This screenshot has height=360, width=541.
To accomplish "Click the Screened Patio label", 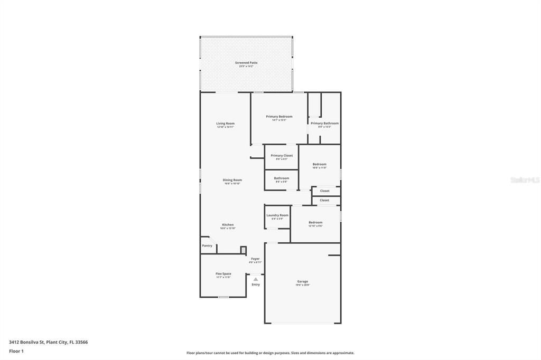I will pos(246,63).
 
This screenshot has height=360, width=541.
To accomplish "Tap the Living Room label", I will pos(225,124).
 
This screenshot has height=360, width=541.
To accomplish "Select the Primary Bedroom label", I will pos(279,117).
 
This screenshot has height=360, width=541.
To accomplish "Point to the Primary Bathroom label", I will pos(324,124).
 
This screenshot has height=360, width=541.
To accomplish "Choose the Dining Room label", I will pos(232,180).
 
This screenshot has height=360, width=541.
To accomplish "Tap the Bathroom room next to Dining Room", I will pos(281,179).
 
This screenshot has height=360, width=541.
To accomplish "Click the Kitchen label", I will pos(228,225).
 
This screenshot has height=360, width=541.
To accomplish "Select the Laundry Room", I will pos(277,216).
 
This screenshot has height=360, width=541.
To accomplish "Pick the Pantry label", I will pos(207,245).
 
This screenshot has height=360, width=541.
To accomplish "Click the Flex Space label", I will pos(223,274).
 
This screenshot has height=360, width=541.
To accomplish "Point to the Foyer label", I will pos(255,259).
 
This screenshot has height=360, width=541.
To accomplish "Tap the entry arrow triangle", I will pos(256,279).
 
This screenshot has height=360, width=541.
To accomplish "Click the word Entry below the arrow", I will pos(256,285).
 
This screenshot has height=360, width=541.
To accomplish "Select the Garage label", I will pos(303,281).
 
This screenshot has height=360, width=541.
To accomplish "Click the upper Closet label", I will pos(324,191).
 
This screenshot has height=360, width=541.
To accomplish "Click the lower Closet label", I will pos(324,200).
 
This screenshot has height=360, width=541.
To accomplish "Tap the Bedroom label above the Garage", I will pos(315,223).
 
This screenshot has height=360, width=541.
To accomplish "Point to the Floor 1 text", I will pos(16,351).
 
